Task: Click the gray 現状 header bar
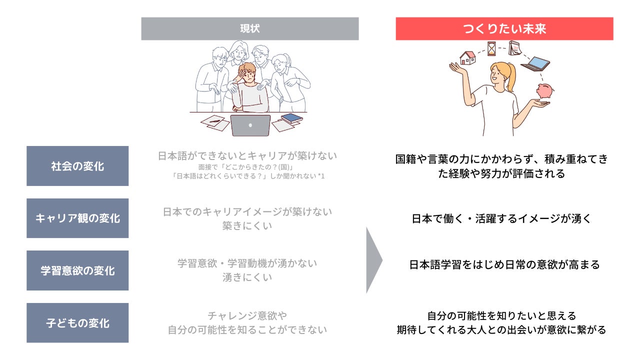pos(249,28)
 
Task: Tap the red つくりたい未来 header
pos(504,28)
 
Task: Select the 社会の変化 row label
pos(77,166)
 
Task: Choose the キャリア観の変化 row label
pos(77,218)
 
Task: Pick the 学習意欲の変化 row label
pos(77,270)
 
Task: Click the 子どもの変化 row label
pos(77,323)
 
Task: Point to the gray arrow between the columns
pos(373,260)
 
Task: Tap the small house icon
pos(467,57)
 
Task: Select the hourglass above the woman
pos(491,48)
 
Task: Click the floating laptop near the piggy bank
pos(536,63)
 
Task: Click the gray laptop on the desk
pos(250,125)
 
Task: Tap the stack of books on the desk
pos(291,119)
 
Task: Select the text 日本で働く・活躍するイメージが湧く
pos(501,218)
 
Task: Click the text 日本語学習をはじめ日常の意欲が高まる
pos(504,264)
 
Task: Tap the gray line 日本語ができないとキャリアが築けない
pos(247,156)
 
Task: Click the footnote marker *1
pos(321,176)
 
